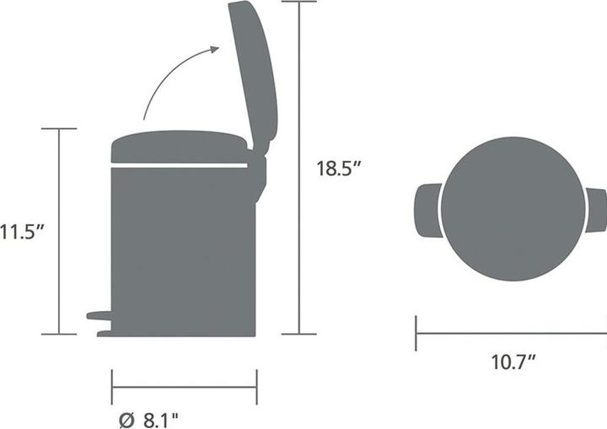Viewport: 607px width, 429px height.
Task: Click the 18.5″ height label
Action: tap(339, 168)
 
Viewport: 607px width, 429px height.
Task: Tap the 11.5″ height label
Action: tap(20, 231)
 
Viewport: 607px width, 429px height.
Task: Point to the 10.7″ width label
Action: tap(514, 362)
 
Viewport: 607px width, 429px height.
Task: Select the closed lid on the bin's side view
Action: tap(180, 146)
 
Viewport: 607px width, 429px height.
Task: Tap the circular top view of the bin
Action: tap(512, 209)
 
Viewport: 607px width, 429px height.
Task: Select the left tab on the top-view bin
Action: tap(427, 210)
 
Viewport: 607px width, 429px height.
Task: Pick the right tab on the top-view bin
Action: tap(597, 210)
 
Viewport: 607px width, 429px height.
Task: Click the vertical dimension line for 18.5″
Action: tap(299, 168)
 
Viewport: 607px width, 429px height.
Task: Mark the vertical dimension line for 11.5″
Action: tap(59, 231)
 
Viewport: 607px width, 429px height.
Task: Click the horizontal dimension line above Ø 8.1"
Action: tap(184, 388)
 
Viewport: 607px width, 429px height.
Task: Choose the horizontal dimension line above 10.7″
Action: tap(511, 333)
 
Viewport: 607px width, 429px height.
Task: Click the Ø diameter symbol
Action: tap(126, 416)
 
